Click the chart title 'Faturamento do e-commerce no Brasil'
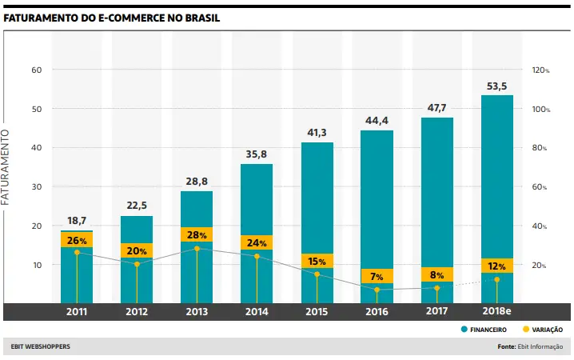click(x=111, y=18)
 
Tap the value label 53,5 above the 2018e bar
click(x=496, y=86)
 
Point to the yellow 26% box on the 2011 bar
click(x=77, y=240)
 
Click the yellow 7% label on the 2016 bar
click(x=377, y=277)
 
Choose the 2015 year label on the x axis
click(x=317, y=310)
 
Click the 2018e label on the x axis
click(x=496, y=310)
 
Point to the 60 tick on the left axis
click(x=36, y=70)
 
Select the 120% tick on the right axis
click(x=540, y=70)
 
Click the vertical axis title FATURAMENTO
click(x=6, y=166)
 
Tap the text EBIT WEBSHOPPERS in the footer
click(x=41, y=346)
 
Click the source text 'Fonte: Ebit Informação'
click(x=529, y=346)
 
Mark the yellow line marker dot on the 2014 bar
click(x=257, y=257)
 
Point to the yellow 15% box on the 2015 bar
click(x=317, y=261)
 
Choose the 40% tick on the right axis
click(x=540, y=226)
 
